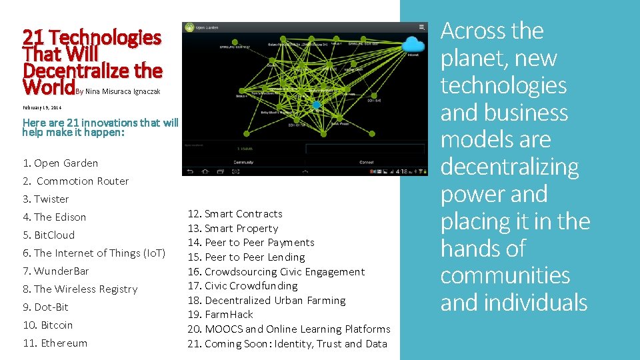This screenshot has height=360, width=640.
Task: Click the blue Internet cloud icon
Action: pos(414,45)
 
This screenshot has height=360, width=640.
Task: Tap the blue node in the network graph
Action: pos(317,105)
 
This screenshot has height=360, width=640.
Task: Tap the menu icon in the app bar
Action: pos(421,27)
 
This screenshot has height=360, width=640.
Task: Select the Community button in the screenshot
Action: pos(243,162)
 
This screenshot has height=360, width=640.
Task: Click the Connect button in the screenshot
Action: pos(366,162)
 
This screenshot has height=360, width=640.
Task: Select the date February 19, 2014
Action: pos(42,107)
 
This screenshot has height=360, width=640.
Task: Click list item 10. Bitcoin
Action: pos(48,325)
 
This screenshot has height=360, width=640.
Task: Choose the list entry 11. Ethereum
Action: pos(55,343)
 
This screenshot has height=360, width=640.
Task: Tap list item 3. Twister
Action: pos(46,199)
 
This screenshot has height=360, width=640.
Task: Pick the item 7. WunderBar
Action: pos(56,271)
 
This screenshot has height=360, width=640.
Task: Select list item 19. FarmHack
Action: pos(220,314)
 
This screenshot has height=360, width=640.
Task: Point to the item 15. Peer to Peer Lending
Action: pos(246,257)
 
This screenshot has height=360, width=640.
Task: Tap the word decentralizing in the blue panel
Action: pos(509,167)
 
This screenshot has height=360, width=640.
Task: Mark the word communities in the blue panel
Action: pos(505,275)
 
